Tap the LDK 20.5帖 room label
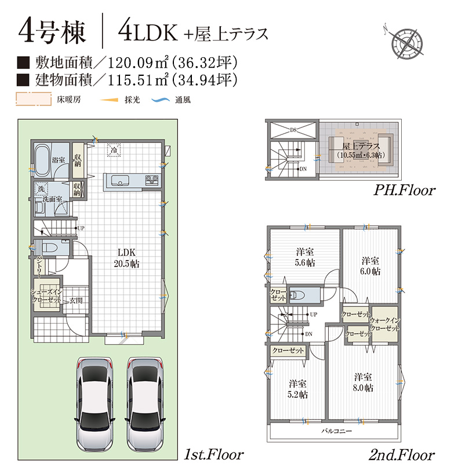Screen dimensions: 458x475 [126, 258]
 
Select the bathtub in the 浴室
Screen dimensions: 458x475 [43, 161]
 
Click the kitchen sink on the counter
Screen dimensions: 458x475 [121, 181]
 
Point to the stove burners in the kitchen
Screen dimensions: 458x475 [151, 180]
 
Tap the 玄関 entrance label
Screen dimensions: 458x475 [76, 301]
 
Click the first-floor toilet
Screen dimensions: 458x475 [52, 248]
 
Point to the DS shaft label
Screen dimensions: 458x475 [293, 130]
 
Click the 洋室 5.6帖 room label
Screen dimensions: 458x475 [305, 257]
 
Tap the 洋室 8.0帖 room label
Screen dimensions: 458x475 [363, 382]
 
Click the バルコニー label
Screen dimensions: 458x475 [336, 431]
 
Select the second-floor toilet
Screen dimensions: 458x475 [299, 295]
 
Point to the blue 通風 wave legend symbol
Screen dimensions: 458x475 [161, 100]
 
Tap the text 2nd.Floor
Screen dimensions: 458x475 [401, 455]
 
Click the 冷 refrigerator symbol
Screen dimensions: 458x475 [114, 150]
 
